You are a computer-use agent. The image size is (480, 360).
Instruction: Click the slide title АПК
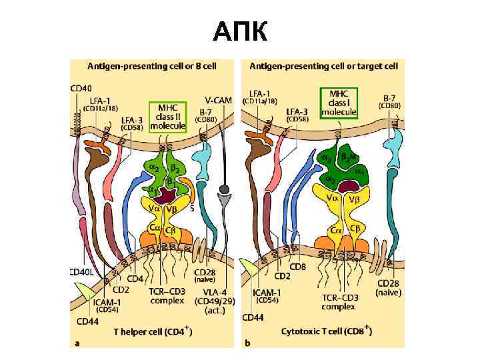[240, 31]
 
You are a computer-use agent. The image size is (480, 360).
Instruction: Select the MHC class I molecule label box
[339, 103]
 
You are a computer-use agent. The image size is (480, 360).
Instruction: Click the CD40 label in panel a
[81, 87]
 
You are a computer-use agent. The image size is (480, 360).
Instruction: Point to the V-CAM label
[219, 101]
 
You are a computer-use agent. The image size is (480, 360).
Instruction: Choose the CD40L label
[83, 272]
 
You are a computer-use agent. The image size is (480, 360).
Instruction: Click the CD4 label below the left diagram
[136, 279]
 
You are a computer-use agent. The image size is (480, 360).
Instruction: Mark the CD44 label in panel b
[254, 318]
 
